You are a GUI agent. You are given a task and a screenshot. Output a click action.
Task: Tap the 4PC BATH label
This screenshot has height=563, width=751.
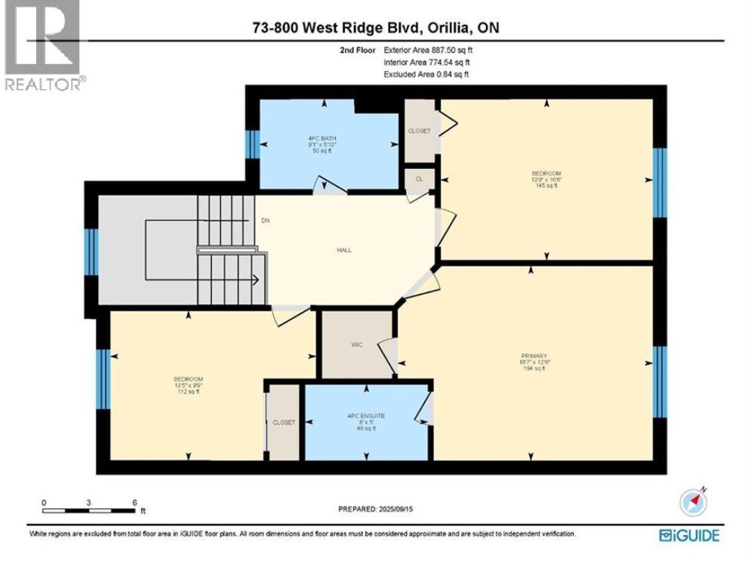(323, 138)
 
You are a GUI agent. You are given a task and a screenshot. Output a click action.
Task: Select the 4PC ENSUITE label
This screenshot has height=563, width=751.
(366, 416)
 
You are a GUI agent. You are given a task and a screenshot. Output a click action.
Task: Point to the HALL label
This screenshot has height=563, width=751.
(344, 250)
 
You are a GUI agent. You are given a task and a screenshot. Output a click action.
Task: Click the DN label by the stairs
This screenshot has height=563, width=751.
(265, 221)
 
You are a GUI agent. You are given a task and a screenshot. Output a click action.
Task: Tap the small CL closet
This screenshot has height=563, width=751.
(419, 179)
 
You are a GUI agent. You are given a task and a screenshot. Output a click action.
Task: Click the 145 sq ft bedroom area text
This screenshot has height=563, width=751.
(547, 186)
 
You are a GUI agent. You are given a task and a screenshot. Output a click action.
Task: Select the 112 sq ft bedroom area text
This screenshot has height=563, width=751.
(188, 392)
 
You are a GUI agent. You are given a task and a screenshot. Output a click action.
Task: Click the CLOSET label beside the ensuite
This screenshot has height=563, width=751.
(284, 423)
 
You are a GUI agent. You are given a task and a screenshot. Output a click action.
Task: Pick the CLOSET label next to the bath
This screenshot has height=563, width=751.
(419, 131)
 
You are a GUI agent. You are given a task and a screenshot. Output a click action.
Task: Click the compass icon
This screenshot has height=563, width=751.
(693, 502)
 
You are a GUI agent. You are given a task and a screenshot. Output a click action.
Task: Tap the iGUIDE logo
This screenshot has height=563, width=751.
(689, 535)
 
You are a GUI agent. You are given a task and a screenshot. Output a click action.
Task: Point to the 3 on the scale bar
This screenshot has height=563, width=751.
(88, 502)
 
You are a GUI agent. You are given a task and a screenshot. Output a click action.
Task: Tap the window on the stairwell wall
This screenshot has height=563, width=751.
(90, 252)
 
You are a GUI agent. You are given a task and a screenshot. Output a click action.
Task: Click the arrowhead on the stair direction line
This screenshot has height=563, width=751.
(257, 280)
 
